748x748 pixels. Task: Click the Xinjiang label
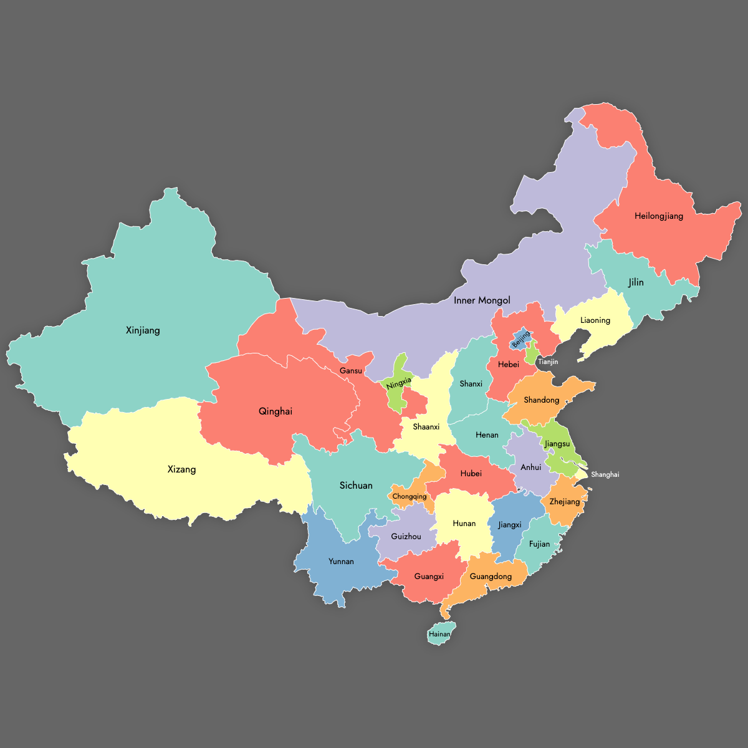(143, 330)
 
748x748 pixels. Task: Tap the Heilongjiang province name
(659, 216)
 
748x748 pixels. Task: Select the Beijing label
(521, 340)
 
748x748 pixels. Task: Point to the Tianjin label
(548, 362)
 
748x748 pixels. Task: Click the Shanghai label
(605, 474)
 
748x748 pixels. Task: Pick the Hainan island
(439, 634)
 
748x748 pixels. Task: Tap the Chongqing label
(410, 497)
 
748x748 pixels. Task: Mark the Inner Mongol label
(482, 300)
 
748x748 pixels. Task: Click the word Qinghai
(275, 411)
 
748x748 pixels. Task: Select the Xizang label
(181, 469)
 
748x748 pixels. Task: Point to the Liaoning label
(595, 320)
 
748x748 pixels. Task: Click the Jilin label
(636, 282)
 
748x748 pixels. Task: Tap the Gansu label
(351, 371)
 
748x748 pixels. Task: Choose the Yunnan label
(341, 562)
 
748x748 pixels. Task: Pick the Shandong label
(542, 400)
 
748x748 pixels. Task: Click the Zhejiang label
(565, 502)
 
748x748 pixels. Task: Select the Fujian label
(540, 544)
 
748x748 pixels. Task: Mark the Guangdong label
(491, 577)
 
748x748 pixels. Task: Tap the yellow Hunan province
(464, 524)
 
